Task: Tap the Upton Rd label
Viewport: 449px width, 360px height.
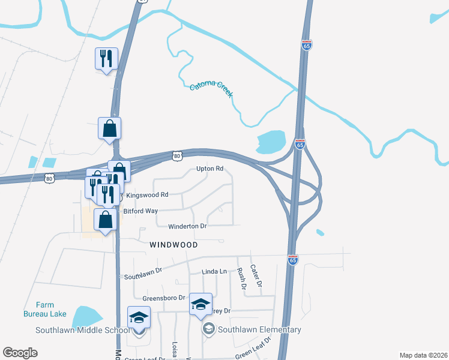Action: (209, 169)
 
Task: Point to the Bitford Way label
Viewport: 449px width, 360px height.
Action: (140, 211)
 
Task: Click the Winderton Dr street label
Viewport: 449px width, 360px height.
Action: (187, 226)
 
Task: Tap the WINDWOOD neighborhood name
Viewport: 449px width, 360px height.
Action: (174, 245)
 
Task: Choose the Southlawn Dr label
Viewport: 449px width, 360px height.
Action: (143, 274)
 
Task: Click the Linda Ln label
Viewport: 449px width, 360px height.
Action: (214, 272)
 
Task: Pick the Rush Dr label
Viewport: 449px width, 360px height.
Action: (243, 278)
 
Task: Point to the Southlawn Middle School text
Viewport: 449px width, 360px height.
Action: (82, 330)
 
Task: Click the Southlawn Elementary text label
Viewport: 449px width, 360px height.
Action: (259, 329)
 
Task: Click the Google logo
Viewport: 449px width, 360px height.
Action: (20, 353)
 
